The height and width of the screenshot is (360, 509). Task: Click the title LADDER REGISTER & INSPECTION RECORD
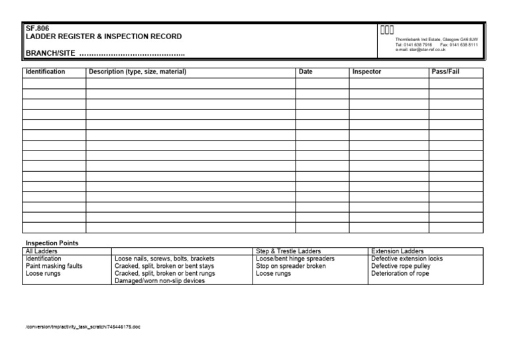click(x=103, y=36)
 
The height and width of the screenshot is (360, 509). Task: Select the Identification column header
click(x=45, y=72)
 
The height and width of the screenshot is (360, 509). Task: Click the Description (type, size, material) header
click(x=137, y=72)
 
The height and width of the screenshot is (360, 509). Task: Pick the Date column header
click(x=306, y=72)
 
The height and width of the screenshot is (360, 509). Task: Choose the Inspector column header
click(x=367, y=72)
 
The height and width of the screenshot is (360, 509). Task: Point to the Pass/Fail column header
click(x=445, y=72)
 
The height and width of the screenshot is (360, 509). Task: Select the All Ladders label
click(x=41, y=251)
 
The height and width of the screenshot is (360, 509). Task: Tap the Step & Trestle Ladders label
click(x=288, y=251)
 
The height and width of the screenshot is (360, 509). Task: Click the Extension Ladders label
click(x=398, y=251)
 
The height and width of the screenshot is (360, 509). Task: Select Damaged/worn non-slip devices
click(x=160, y=280)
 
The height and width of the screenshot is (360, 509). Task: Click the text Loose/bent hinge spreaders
click(x=295, y=259)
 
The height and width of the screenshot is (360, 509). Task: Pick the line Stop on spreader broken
click(x=291, y=266)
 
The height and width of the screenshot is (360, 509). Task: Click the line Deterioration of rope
click(x=400, y=273)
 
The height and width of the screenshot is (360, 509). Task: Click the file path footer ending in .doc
click(x=83, y=327)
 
